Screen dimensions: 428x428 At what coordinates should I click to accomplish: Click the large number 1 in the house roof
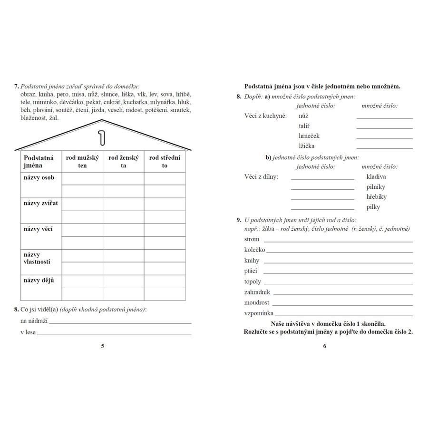coord(101,136)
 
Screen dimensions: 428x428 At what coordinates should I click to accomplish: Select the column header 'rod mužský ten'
coord(82,162)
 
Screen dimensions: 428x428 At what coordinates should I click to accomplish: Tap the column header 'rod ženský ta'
coord(123,162)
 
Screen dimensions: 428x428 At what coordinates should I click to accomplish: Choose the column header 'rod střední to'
coord(165,162)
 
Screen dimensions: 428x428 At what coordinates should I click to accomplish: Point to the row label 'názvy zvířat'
coord(40,204)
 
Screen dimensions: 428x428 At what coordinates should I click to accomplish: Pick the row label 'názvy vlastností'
coord(37,258)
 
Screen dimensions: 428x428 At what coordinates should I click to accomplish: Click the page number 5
coord(103,346)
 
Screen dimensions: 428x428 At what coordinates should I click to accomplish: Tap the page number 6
coord(325,346)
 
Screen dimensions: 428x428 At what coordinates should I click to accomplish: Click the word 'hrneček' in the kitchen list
coord(309,136)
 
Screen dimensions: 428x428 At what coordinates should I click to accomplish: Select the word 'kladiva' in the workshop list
coord(376,177)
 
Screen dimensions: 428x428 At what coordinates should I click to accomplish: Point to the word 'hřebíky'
coord(377,197)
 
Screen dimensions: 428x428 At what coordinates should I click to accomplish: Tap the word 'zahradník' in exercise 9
coord(257,292)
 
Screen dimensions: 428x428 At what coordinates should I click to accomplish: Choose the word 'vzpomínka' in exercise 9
coord(259,313)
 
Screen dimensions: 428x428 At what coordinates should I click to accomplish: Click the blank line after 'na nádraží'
coord(120,323)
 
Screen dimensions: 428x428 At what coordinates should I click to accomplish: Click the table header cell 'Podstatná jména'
coord(39,162)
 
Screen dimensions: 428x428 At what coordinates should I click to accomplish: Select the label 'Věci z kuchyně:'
coord(265,116)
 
